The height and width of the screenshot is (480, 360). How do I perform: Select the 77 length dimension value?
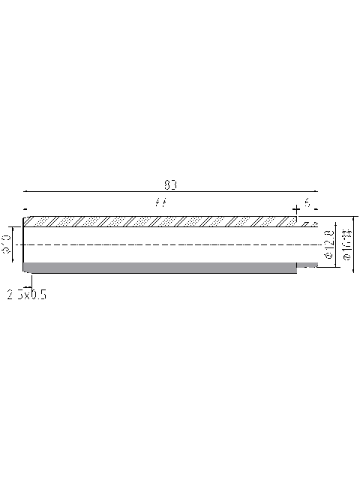pyautogui.click(x=159, y=202)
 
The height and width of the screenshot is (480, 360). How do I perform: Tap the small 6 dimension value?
pyautogui.click(x=307, y=202)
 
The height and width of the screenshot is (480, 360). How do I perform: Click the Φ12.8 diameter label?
pyautogui.click(x=328, y=245)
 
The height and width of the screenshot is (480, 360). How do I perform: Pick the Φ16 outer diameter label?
pyautogui.click(x=347, y=245)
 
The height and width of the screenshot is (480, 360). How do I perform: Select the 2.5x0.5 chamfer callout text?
pyautogui.click(x=27, y=295)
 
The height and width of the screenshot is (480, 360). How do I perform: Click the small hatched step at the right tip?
pyautogui.click(x=307, y=223)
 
